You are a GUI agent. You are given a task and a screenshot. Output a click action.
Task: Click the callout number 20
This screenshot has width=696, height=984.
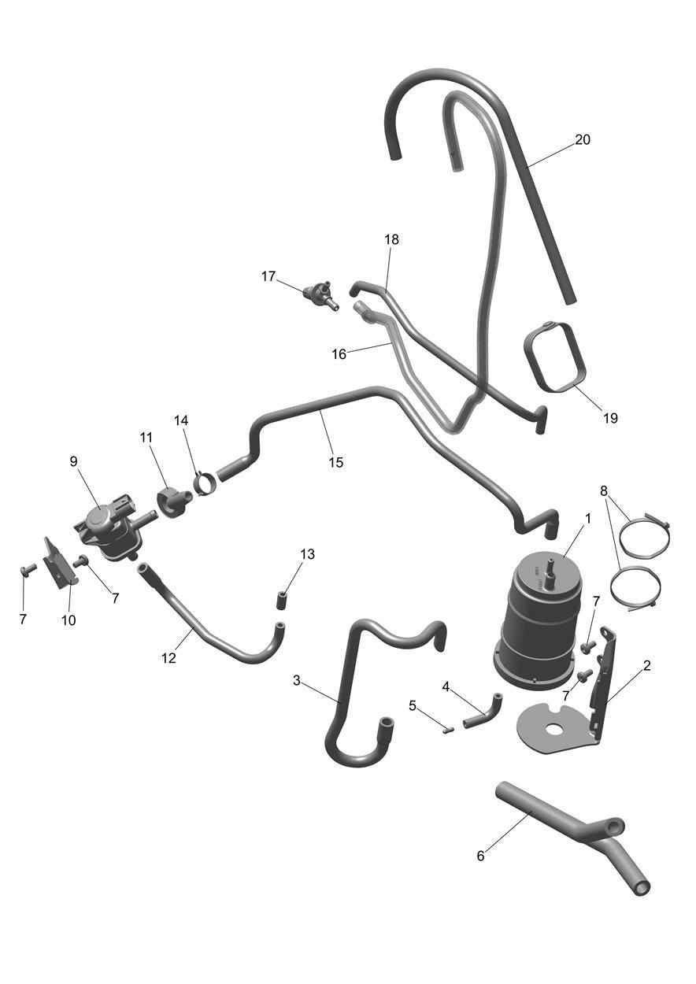(x=583, y=139)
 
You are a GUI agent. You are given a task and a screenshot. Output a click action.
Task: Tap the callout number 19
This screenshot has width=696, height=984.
(x=610, y=418)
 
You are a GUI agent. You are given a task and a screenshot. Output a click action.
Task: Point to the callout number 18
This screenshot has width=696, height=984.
(x=391, y=239)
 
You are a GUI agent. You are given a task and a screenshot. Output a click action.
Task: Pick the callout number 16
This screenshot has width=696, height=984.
(x=339, y=354)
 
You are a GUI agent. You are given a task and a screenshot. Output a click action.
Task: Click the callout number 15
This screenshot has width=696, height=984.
(x=336, y=463)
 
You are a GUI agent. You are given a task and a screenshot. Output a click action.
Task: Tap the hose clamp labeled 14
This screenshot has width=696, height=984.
(x=205, y=483)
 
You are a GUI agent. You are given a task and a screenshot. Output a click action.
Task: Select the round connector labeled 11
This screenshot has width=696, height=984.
(x=173, y=501)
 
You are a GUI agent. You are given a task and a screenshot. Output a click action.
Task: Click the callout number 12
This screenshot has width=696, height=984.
(x=168, y=658)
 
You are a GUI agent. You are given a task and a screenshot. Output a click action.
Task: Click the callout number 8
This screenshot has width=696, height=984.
(x=605, y=490)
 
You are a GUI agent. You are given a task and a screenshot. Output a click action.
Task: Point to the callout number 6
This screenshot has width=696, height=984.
(x=480, y=856)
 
